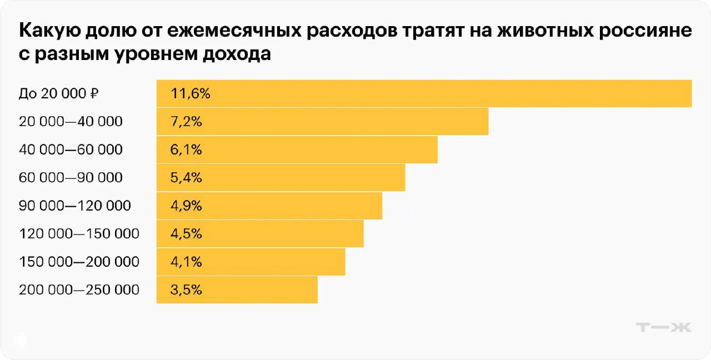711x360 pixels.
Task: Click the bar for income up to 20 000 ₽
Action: [424, 93]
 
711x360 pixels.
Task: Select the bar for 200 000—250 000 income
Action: [237, 290]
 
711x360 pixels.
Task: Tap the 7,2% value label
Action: [187, 122]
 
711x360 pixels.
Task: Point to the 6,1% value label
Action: [187, 150]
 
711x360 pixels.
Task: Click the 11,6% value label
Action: [191, 93]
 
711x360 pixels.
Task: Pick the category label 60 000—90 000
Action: [71, 178]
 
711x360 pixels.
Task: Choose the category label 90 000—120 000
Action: [75, 206]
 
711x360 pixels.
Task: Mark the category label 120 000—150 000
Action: [79, 234]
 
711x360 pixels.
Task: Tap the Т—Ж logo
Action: [663, 327]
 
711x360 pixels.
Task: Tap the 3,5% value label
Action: [187, 290]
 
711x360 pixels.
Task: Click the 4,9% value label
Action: [187, 206]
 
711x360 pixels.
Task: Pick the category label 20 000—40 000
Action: [71, 122]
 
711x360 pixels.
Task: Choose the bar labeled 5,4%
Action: [281, 178]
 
